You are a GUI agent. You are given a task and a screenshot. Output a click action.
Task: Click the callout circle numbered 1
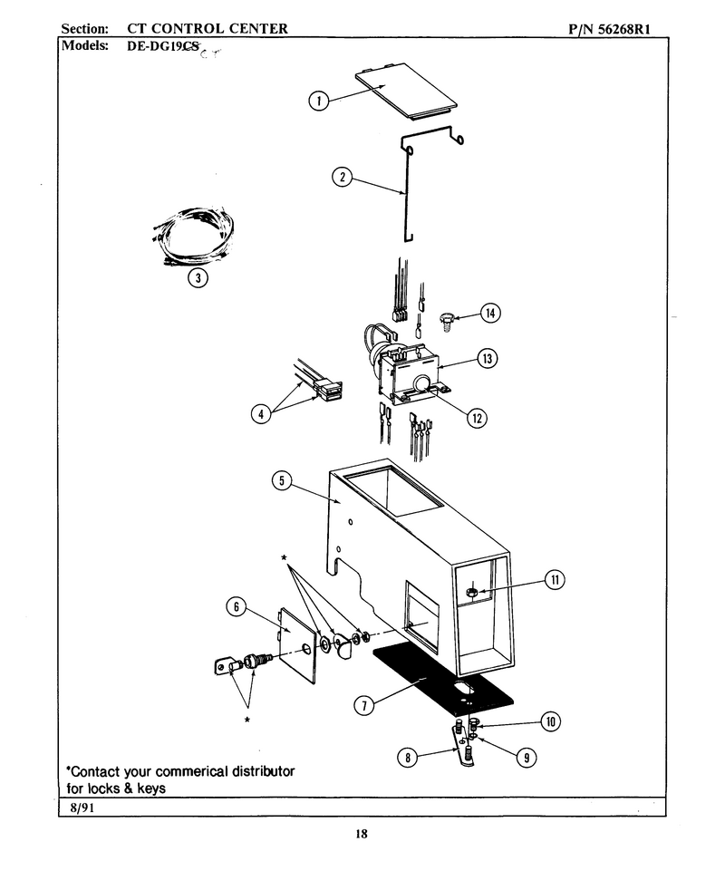(x=318, y=101)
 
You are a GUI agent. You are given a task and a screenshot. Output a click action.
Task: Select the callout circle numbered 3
(x=198, y=277)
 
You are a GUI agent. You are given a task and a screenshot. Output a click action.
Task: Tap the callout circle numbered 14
(x=490, y=313)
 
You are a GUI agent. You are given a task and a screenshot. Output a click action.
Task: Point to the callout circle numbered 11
(x=555, y=579)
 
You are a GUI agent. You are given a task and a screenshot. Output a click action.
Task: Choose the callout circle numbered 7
(x=364, y=705)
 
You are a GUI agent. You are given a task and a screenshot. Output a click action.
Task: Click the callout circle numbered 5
(x=282, y=481)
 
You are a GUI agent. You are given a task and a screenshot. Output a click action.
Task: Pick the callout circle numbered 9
(x=527, y=757)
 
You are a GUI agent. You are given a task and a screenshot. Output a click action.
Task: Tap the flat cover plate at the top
(x=407, y=91)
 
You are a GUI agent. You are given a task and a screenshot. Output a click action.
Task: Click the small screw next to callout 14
(x=447, y=321)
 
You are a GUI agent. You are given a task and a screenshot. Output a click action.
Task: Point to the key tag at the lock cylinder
(x=224, y=665)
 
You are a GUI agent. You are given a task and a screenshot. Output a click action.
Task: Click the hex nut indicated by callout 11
(x=470, y=593)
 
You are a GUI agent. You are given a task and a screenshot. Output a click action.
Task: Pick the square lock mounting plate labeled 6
(x=297, y=646)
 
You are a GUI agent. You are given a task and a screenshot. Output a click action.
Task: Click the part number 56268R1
(x=623, y=29)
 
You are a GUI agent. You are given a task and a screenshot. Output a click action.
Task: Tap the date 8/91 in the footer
(x=82, y=808)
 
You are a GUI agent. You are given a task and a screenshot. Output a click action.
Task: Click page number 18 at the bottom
(x=362, y=834)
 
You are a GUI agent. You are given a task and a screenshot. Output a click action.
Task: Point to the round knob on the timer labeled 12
(x=420, y=383)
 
